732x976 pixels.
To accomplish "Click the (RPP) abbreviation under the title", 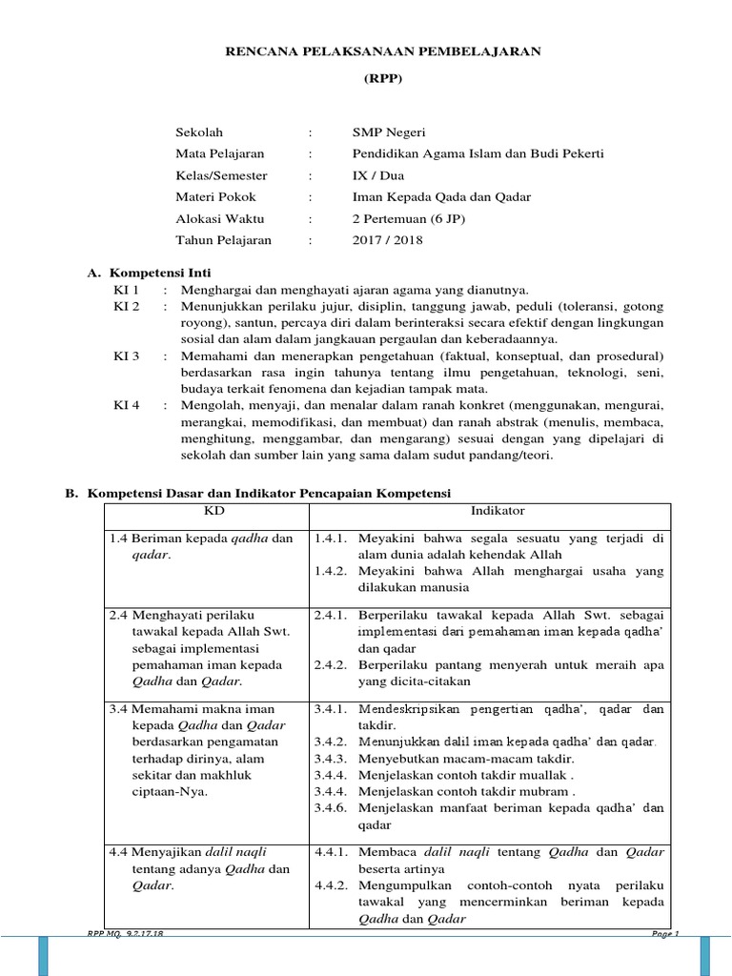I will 382,80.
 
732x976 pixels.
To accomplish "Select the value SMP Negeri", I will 388,132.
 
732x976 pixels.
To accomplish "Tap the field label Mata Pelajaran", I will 220,153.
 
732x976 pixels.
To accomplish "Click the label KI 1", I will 127,290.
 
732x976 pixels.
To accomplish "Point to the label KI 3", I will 127,356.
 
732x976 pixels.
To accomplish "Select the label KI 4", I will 127,405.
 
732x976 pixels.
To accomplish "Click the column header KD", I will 204,511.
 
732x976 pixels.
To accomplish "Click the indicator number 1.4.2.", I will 330,570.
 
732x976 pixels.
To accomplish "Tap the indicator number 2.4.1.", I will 330,615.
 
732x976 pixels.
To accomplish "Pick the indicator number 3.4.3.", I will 330,758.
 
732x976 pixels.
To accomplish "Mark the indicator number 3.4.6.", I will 330,808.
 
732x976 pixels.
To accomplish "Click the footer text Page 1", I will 664,934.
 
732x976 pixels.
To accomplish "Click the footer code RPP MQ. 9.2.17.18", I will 126,935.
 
